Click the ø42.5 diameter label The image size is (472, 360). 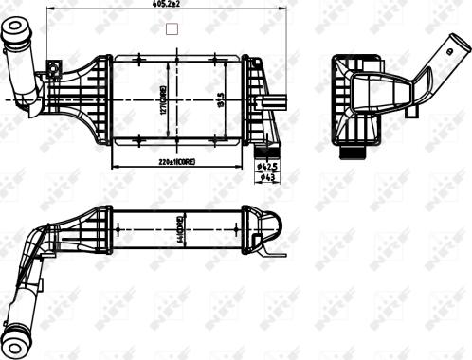(267, 165)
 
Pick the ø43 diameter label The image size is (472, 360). (267, 176)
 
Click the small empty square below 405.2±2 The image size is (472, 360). (172, 28)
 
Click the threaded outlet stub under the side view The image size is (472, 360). (354, 150)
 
